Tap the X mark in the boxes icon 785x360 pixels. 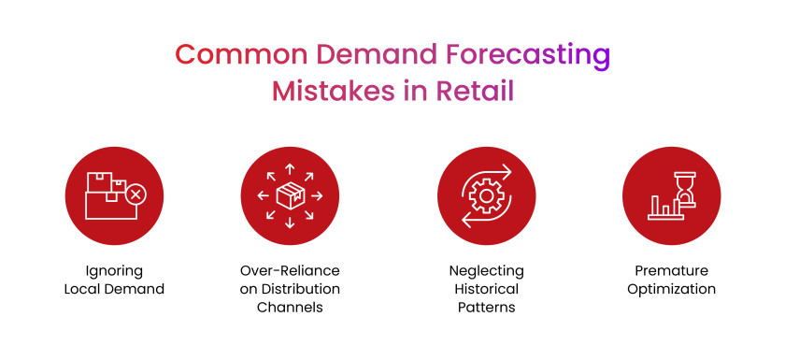point(136,194)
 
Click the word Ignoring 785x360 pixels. point(114,270)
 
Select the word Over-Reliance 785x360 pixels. point(290,270)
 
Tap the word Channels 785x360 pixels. point(290,307)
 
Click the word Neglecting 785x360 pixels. point(486,270)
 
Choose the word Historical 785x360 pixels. point(486,289)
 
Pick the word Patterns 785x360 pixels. point(486,307)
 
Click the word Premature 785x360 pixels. point(671,270)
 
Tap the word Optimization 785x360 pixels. point(671,289)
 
